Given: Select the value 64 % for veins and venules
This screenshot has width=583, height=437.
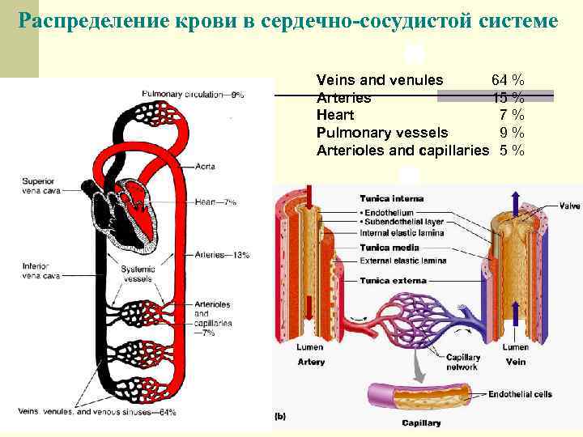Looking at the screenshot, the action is click(x=507, y=80).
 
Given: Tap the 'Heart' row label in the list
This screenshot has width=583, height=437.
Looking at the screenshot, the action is click(x=334, y=115).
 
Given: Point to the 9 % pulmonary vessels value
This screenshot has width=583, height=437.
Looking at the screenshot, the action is click(x=512, y=133).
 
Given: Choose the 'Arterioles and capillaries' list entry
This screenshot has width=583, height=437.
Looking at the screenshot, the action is click(x=402, y=151).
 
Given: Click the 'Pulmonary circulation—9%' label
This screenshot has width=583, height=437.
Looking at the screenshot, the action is click(x=193, y=95).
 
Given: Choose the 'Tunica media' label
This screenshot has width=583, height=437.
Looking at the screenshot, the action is click(x=389, y=247).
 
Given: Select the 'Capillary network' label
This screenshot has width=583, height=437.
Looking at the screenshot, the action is click(x=462, y=362).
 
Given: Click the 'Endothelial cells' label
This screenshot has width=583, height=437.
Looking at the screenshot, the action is click(x=520, y=395).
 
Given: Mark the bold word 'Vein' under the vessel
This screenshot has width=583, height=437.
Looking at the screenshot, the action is click(x=515, y=362).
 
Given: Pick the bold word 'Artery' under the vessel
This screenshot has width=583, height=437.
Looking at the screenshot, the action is click(x=311, y=362).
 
